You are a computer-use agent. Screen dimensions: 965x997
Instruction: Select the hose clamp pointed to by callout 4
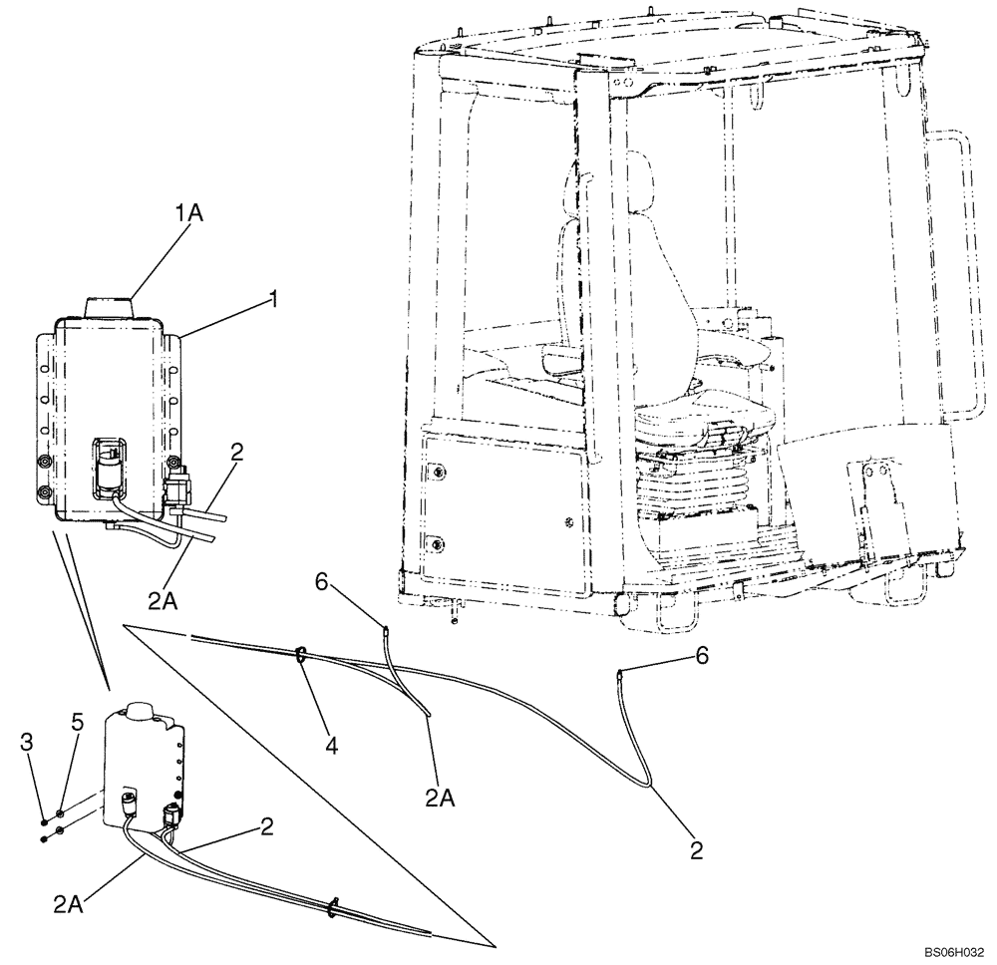(298, 656)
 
